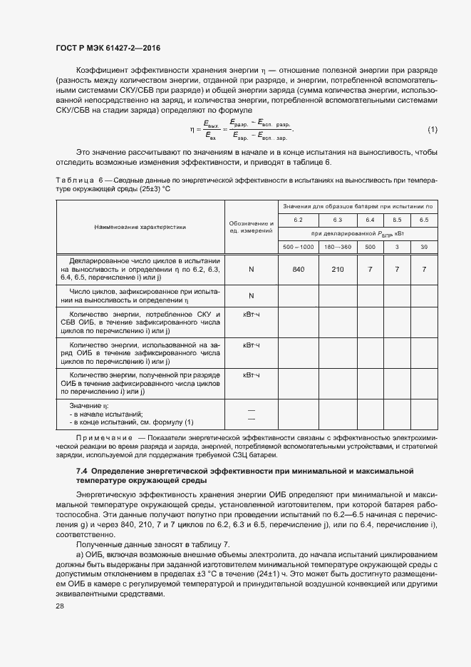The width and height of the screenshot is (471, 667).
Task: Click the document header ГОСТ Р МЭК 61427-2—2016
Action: [108, 48]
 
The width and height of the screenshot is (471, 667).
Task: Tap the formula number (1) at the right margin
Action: [432, 129]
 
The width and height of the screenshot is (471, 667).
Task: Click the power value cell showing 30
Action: [424, 247]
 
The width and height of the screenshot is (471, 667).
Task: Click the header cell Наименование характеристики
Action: [140, 227]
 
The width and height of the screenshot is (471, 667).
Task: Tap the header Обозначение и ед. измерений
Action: [252, 227]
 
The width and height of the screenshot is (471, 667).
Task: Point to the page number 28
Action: [60, 606]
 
